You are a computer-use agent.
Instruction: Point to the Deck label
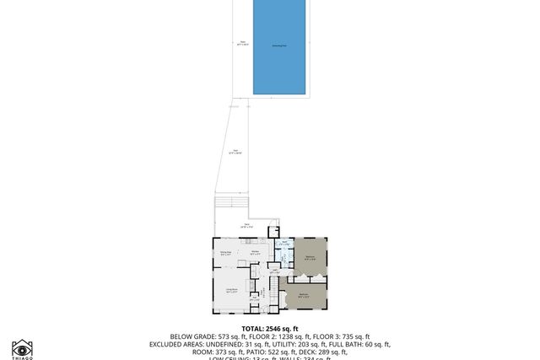[x=247, y=225]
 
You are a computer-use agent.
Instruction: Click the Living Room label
[x=231, y=291]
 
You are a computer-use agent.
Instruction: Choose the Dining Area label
[x=226, y=253]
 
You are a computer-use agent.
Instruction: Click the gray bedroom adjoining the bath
[x=310, y=256]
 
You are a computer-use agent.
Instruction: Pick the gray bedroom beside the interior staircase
[x=305, y=295]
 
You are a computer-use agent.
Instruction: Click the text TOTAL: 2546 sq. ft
[x=269, y=327]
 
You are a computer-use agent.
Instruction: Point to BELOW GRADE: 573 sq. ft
[x=206, y=336]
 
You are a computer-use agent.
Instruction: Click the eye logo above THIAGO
[x=23, y=347]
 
